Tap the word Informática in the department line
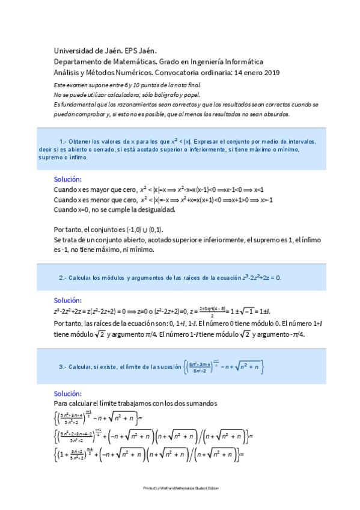[242, 61]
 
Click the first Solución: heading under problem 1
[68, 179]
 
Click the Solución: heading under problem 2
[68, 300]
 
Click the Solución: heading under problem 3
[68, 393]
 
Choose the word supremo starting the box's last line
[49, 158]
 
